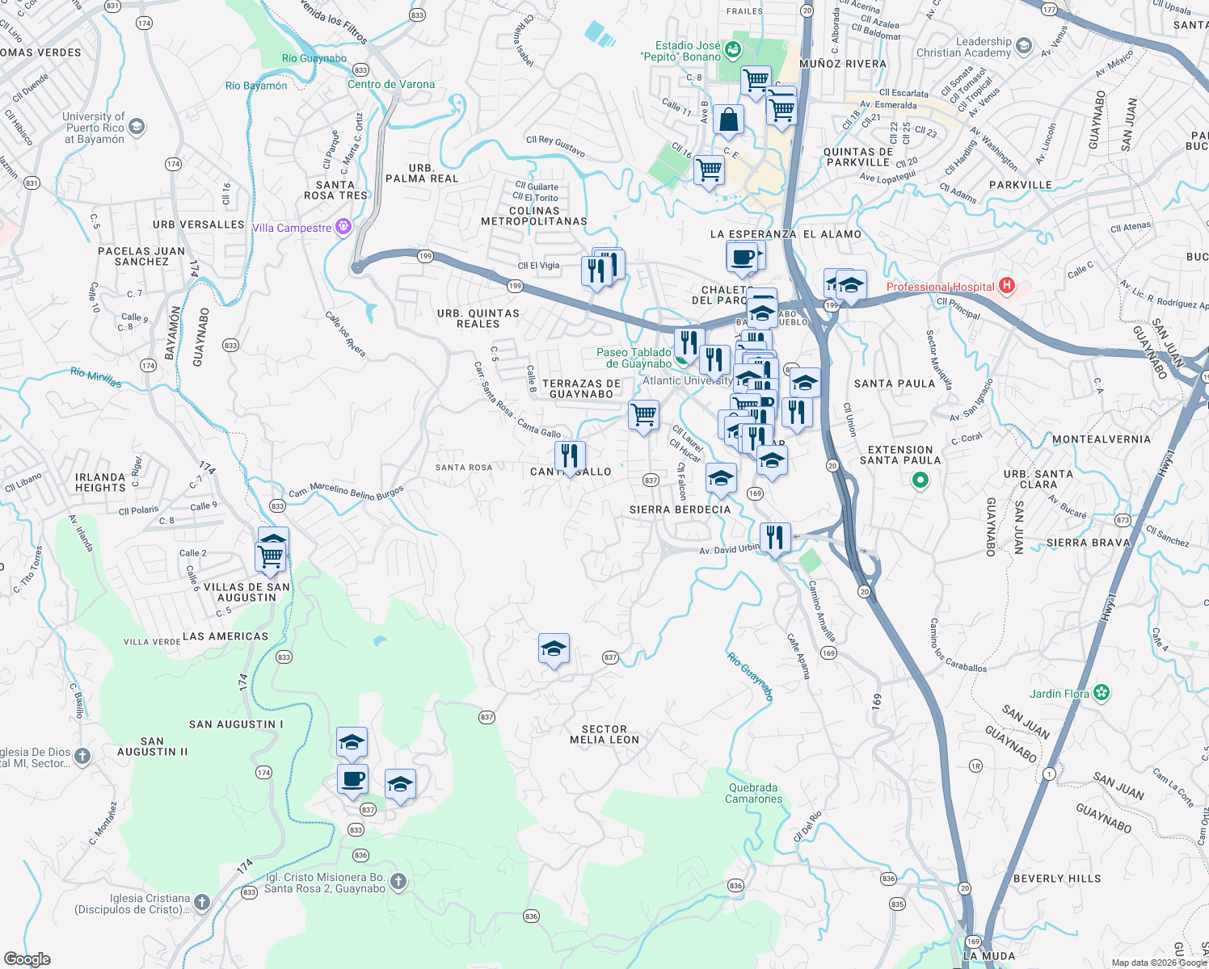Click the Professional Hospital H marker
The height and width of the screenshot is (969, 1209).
click(1006, 286)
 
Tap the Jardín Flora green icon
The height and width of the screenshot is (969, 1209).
click(1102, 693)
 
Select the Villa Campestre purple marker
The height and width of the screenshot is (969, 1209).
click(343, 227)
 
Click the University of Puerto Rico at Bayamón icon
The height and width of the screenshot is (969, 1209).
click(137, 126)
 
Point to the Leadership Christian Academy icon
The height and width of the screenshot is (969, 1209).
click(1024, 46)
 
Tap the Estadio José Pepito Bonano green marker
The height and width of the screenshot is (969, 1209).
click(733, 50)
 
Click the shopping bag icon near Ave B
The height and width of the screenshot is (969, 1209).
click(728, 120)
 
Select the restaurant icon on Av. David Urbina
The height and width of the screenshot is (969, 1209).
click(775, 537)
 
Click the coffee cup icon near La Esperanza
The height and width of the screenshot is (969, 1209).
click(742, 258)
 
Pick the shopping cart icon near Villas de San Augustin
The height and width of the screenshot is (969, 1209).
click(270, 556)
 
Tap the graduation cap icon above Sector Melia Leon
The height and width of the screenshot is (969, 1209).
click(554, 649)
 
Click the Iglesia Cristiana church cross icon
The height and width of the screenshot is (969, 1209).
click(201, 902)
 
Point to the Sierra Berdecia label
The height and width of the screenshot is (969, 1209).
click(680, 510)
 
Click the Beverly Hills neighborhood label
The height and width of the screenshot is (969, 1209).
click(1057, 879)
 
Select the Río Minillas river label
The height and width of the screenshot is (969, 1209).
click(95, 377)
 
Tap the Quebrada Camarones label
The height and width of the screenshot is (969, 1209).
click(753, 793)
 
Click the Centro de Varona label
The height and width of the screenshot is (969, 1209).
click(391, 84)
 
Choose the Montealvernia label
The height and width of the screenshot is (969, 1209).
click(1101, 439)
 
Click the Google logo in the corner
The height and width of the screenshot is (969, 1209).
click(27, 959)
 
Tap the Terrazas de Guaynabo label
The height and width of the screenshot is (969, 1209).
click(582, 389)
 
